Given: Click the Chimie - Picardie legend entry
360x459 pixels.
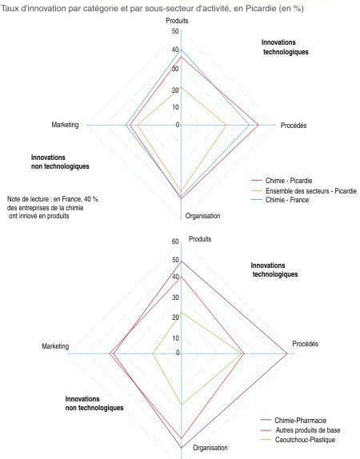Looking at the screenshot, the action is point(282,181).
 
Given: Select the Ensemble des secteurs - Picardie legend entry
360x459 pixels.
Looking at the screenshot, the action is point(304,191).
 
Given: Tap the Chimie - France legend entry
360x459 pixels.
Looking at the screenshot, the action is point(280,200).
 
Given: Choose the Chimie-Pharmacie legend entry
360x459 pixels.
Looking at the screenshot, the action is point(294,421).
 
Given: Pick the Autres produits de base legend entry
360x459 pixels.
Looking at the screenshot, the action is point(301,430).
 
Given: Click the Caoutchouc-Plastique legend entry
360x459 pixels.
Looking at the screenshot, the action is point(298,440).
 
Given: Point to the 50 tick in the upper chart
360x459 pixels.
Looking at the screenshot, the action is point(175,31).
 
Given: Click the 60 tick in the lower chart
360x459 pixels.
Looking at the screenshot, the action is point(175,241).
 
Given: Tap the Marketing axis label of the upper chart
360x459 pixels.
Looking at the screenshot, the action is point(65,125).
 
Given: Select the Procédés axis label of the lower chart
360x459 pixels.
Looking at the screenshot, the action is point(306,344).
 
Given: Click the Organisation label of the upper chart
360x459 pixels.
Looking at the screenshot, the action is point(202,216).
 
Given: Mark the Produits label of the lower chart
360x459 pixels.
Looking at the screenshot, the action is point(200,239).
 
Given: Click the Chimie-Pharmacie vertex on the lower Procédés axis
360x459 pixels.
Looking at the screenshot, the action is point(286,353).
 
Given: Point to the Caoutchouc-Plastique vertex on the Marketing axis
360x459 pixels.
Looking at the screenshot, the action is point(153,353).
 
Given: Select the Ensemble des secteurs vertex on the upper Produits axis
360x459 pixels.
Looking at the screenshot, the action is point(181,86).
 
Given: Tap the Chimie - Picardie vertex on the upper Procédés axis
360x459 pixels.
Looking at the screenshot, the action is point(258,125).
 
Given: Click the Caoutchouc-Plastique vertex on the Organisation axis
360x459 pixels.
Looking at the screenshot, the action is point(182,405).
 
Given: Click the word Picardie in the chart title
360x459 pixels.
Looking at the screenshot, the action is point(261,8).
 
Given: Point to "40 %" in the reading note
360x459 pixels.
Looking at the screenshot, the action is point(91,199).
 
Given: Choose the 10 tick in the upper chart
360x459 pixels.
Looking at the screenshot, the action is point(175,107).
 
